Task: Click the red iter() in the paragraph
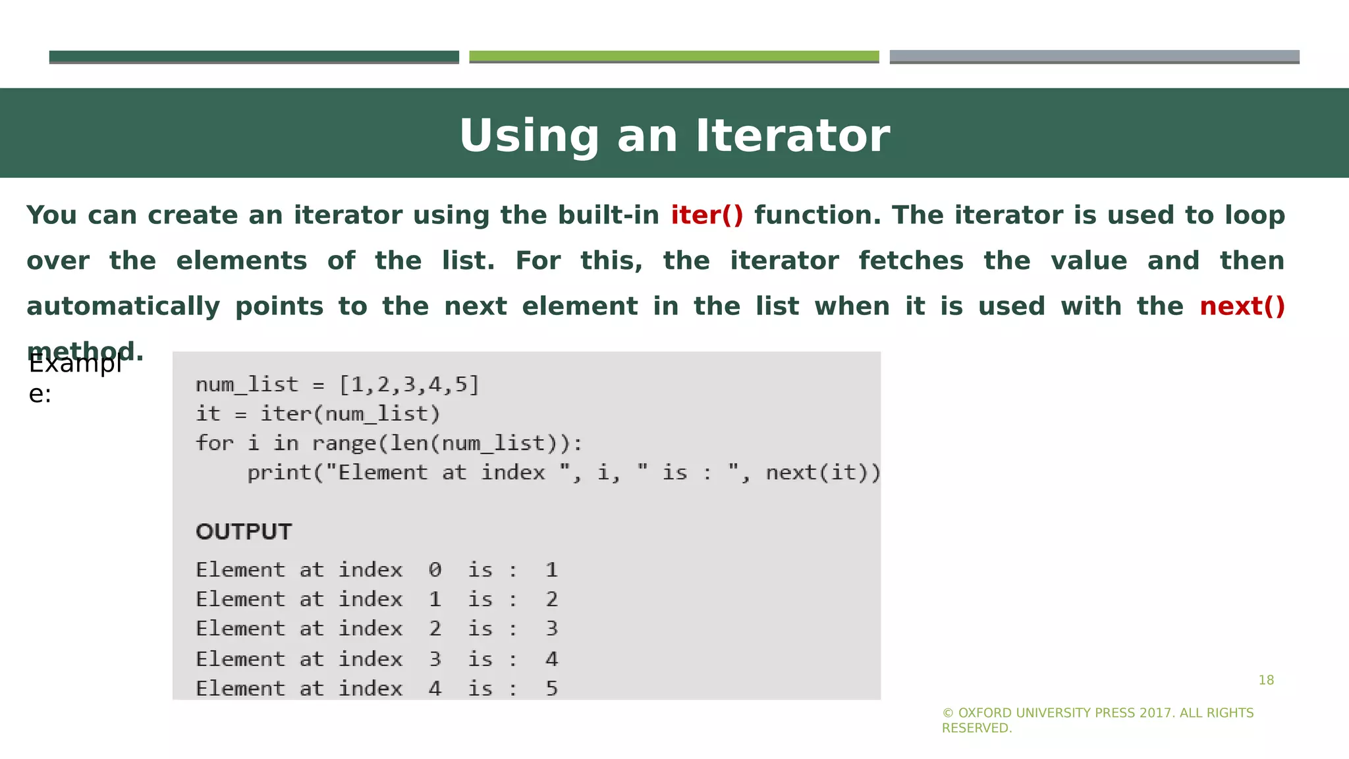click(x=707, y=215)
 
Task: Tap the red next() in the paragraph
click(x=1242, y=306)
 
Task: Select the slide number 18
click(x=1266, y=680)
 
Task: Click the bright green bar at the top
click(x=674, y=57)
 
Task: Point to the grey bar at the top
click(x=1094, y=57)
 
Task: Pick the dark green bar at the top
click(x=254, y=57)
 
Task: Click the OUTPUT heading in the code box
click(x=244, y=532)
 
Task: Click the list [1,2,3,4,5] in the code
click(x=409, y=384)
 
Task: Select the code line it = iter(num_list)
click(x=317, y=414)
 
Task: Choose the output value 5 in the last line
click(x=551, y=689)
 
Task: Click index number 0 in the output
click(x=435, y=570)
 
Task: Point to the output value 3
click(x=551, y=629)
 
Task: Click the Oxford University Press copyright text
click(x=1097, y=720)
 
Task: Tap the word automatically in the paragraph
click(x=123, y=306)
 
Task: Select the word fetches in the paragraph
click(x=911, y=261)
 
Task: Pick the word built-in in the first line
click(x=608, y=215)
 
